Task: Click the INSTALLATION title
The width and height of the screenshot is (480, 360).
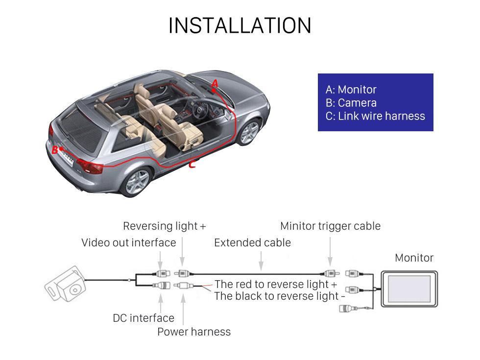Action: [240, 25]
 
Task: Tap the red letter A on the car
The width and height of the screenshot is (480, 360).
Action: [214, 84]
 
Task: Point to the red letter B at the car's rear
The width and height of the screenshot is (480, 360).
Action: [55, 150]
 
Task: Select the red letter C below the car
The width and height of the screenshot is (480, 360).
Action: [192, 165]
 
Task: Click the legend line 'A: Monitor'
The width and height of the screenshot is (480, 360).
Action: [351, 90]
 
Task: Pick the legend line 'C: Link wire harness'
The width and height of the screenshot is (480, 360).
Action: [375, 116]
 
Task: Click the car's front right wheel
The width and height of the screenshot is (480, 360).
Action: [249, 132]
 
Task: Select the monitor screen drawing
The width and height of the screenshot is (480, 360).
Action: [409, 288]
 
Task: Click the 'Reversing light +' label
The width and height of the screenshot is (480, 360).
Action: [164, 226]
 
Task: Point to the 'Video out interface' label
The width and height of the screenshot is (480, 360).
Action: [128, 242]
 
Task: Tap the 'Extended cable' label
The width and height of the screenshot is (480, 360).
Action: [252, 242]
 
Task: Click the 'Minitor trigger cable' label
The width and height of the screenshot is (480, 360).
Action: [330, 226]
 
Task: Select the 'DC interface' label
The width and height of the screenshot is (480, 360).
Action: [144, 318]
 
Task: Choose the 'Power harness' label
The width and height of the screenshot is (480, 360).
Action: [193, 332]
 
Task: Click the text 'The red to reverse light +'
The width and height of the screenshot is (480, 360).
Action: [275, 284]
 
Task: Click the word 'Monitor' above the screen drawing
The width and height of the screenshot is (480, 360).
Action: [414, 258]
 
